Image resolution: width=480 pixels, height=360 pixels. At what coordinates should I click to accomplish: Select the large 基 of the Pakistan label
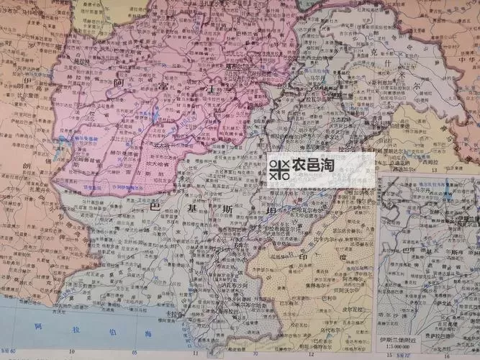click(x=189, y=207)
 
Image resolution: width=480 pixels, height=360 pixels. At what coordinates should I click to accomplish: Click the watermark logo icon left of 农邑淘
click(x=279, y=170)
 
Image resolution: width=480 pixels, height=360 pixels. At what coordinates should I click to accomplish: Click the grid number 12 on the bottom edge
click(x=310, y=354)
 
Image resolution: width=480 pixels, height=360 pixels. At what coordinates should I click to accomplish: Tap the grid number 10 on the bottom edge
click(x=72, y=354)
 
